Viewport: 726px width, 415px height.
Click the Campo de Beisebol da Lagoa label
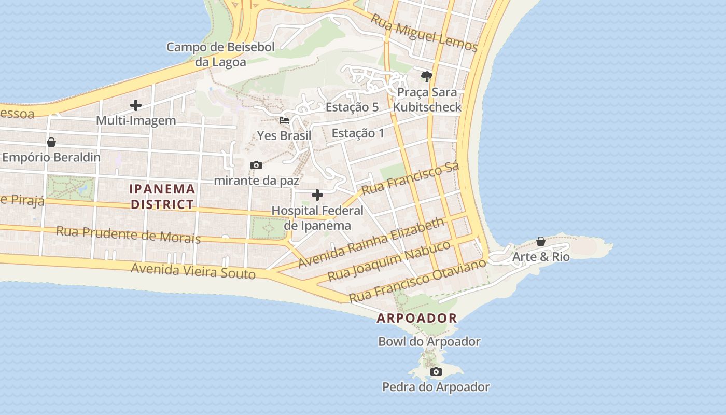click(x=220, y=54)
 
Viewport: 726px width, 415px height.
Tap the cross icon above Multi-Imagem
click(x=136, y=105)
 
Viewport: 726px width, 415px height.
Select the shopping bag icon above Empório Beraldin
click(x=51, y=142)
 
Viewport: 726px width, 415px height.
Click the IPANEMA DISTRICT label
click(x=163, y=197)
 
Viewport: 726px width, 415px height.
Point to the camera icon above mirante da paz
click(x=256, y=165)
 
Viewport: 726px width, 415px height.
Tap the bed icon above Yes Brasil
click(x=284, y=120)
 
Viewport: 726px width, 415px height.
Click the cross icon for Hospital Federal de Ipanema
click(x=317, y=195)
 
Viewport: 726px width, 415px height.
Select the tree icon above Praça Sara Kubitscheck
click(x=427, y=77)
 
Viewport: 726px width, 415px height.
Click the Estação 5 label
click(x=352, y=107)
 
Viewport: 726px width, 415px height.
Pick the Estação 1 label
click(x=358, y=133)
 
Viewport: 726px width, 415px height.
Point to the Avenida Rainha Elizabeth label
click(x=371, y=243)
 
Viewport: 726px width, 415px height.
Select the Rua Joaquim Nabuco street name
click(x=389, y=261)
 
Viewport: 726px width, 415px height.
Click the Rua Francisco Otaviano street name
click(x=417, y=281)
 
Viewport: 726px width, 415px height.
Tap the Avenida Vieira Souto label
click(x=193, y=270)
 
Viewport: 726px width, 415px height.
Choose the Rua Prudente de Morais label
click(x=128, y=234)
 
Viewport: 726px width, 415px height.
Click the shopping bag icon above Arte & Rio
click(x=541, y=241)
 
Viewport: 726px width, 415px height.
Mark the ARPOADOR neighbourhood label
click(x=417, y=319)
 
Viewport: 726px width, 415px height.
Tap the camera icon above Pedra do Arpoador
click(x=436, y=371)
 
